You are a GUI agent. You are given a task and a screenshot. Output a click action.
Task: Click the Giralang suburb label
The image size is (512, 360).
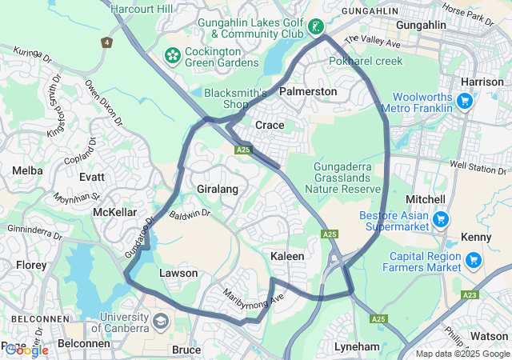218,190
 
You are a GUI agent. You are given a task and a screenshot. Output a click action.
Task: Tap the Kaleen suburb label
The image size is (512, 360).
287,256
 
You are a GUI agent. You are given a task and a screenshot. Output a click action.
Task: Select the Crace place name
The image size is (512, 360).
270,126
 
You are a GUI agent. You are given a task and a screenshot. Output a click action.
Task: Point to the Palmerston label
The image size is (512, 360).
308,92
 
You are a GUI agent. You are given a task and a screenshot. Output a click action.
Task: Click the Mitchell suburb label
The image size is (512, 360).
426,198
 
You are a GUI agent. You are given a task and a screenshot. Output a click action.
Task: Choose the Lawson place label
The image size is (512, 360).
178,274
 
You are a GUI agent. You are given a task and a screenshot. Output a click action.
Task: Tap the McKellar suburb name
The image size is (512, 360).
115,212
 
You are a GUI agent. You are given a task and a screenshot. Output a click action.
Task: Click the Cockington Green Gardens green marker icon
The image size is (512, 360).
171,55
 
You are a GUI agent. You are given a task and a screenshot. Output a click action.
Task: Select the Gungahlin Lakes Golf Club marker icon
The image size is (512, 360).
317,28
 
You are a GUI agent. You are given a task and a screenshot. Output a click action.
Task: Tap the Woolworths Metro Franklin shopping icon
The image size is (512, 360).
464,100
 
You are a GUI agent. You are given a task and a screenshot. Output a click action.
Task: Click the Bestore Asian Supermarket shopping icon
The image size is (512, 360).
439,218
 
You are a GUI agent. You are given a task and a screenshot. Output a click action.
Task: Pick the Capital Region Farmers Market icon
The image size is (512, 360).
473,259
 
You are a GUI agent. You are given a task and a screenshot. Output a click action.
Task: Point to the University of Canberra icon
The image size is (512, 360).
160,322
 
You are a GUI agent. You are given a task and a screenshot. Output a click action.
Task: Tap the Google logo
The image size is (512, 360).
26,350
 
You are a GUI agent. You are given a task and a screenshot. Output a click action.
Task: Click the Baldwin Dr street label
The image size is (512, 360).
190,214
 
